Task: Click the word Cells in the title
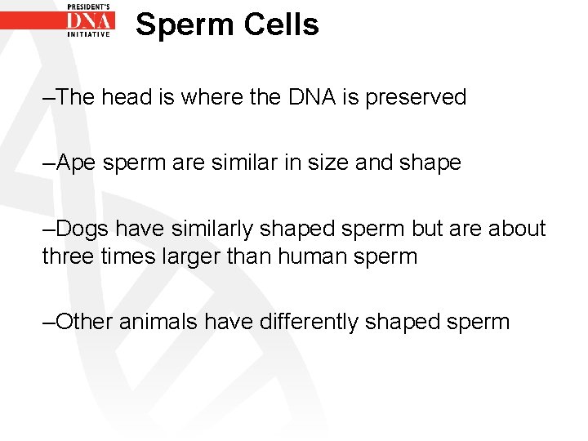tap(282, 24)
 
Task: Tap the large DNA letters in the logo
tap(89, 21)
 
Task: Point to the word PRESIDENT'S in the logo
tap(89, 6)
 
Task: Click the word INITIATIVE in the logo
tap(89, 35)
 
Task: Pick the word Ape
tap(74, 163)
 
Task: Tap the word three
tap(67, 256)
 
